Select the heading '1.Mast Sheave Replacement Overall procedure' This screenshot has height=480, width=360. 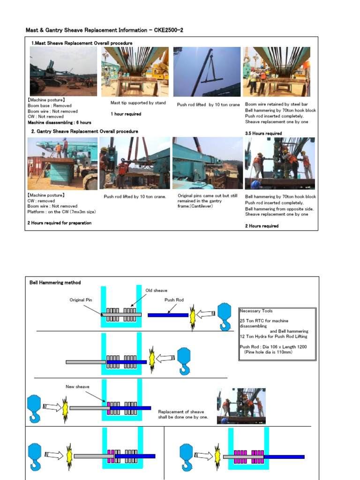82,43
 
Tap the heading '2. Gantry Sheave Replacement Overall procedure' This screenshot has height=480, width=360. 84,131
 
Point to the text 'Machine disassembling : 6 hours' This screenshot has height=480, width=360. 60,122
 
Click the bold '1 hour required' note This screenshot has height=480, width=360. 126,114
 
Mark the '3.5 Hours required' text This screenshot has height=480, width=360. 263,134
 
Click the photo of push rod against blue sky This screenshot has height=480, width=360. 207,72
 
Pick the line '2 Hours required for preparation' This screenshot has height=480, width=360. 59,223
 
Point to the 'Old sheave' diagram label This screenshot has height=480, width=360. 156,291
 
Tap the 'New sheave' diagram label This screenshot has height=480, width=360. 77,387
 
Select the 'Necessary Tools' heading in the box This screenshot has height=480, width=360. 256,311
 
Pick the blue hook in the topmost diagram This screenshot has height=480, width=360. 224,315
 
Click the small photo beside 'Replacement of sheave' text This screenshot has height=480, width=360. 241,405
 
